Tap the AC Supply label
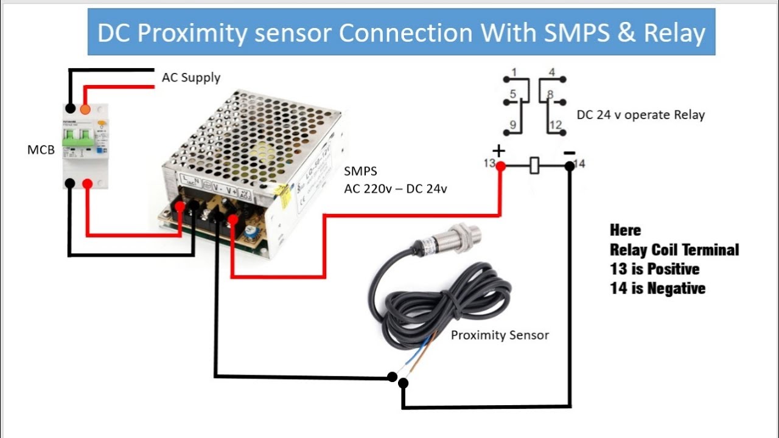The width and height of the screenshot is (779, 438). [191, 78]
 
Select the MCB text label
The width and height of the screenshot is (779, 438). [41, 150]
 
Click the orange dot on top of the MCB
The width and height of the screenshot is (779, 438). [85, 109]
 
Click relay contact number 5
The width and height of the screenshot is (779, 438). [513, 94]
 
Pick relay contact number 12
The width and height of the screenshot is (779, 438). [555, 126]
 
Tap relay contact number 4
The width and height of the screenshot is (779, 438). [552, 73]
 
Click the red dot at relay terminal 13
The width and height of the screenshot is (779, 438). [500, 165]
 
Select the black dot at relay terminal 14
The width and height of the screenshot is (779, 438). [569, 165]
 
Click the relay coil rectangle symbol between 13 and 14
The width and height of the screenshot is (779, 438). [534, 165]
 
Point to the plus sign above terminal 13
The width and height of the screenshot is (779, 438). [498, 150]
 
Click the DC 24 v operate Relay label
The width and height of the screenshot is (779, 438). [640, 115]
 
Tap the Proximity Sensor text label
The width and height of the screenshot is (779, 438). [500, 335]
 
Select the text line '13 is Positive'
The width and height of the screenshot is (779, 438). [655, 269]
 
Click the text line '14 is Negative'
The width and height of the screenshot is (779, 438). [657, 288]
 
